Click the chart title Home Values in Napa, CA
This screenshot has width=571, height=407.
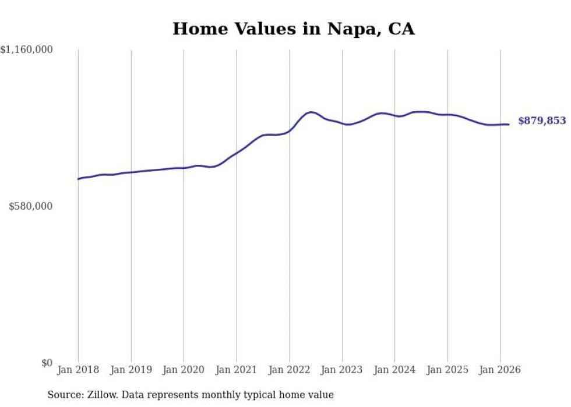(x=293, y=29)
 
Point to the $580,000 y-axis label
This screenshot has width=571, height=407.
(x=31, y=207)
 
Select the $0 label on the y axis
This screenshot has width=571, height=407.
(x=47, y=363)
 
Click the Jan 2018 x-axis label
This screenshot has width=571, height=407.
(x=78, y=370)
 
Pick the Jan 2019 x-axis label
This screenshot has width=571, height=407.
(x=131, y=370)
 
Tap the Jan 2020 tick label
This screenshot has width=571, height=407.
(x=184, y=370)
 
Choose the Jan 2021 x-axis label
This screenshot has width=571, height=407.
(x=237, y=370)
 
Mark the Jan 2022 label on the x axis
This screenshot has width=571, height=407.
(x=289, y=370)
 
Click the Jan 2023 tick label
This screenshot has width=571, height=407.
(x=342, y=370)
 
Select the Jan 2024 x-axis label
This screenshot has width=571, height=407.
(x=394, y=370)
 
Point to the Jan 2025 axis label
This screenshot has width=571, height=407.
(x=447, y=370)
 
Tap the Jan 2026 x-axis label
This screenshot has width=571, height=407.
(x=500, y=370)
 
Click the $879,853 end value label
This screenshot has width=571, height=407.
(x=542, y=121)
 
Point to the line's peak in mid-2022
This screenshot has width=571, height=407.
(x=311, y=112)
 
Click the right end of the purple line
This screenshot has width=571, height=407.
(x=509, y=124)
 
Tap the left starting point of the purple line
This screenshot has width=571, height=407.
(x=78, y=179)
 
